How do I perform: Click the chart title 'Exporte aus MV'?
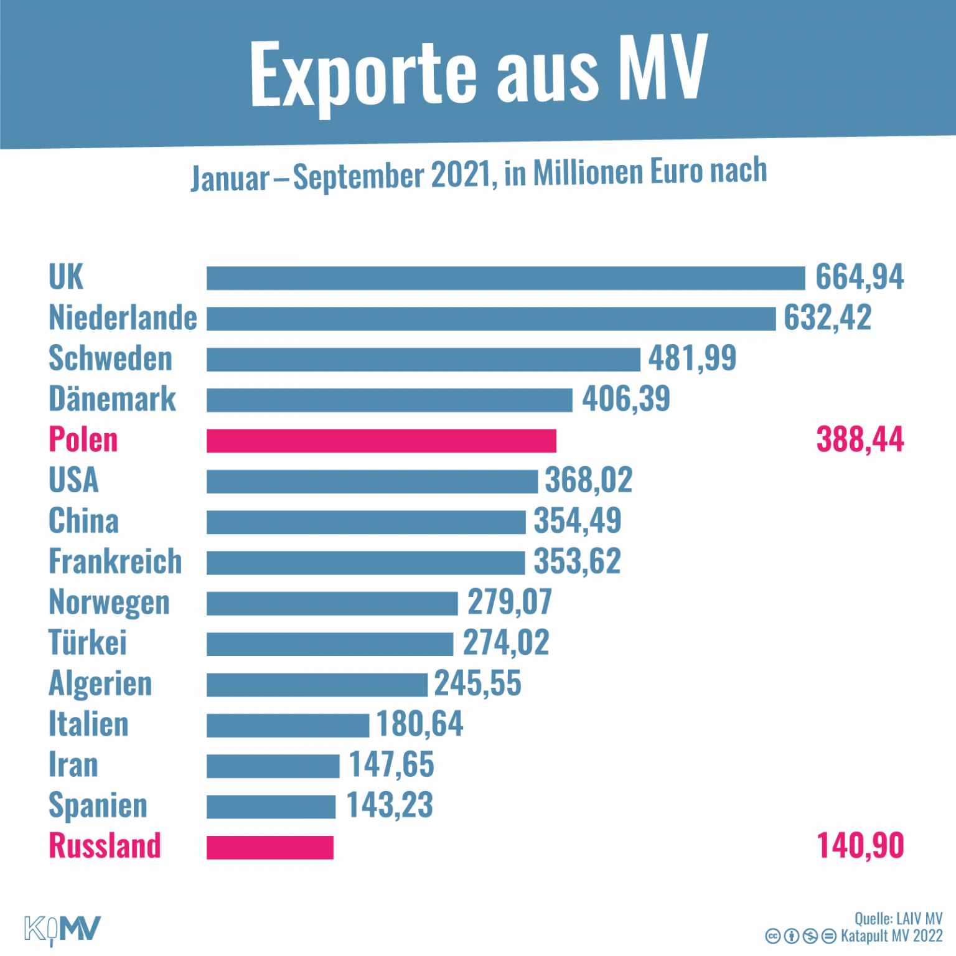(478, 72)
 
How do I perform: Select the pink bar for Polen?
(381, 441)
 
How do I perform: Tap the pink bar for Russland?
(269, 847)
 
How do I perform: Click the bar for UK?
(505, 278)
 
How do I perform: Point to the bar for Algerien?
(317, 685)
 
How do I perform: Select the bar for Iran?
(273, 766)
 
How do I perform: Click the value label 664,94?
(859, 277)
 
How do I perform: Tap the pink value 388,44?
(859, 439)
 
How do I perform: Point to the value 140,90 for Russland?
(859, 846)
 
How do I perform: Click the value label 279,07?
(509, 602)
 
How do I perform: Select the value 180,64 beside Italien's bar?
(419, 724)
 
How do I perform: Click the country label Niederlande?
(123, 318)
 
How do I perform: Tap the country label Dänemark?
(112, 398)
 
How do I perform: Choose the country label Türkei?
(87, 642)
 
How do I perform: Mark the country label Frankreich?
(115, 561)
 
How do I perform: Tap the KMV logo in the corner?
(62, 930)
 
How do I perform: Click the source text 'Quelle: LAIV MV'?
(897, 919)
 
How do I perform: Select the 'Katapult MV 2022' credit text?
(891, 936)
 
